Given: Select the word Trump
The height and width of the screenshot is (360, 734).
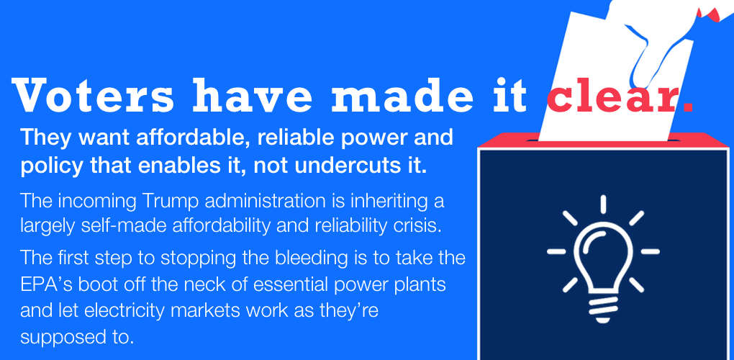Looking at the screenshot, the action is tap(160, 202).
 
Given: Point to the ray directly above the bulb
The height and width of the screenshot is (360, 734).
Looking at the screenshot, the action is tap(604, 204).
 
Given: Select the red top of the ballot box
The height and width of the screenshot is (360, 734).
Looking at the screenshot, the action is tap(603, 140).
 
